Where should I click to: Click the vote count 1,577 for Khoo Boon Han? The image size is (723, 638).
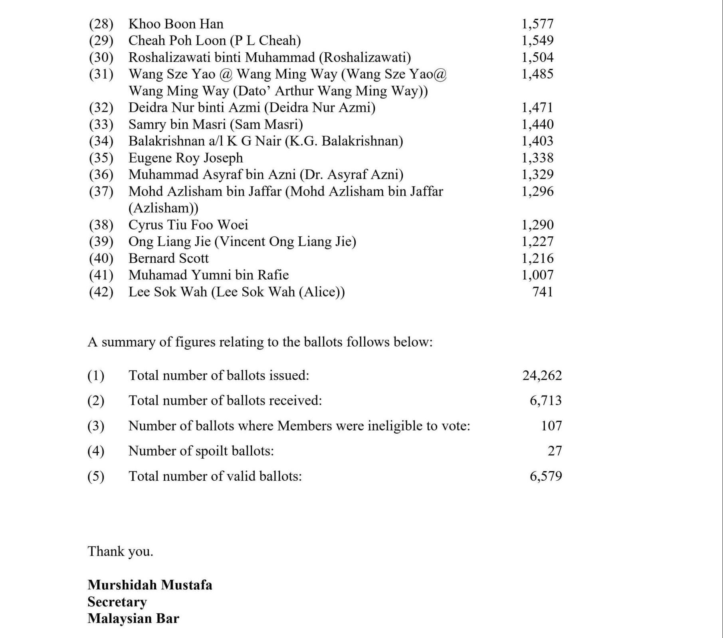(x=537, y=24)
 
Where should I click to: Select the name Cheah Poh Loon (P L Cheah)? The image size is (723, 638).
(x=214, y=41)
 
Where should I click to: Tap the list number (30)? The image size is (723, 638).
(x=101, y=57)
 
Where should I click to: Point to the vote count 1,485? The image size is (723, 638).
(x=537, y=74)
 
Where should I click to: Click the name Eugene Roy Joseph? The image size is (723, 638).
(x=185, y=158)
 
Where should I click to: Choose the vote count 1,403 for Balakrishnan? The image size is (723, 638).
(x=537, y=141)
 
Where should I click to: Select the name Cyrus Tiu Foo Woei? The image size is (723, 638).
(x=188, y=225)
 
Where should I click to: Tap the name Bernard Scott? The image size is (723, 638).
(x=168, y=258)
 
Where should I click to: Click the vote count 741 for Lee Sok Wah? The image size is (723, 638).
(x=543, y=292)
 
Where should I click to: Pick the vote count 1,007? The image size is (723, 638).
(x=537, y=275)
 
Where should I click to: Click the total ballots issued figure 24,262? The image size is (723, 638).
(x=542, y=375)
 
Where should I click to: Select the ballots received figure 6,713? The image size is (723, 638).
(x=545, y=400)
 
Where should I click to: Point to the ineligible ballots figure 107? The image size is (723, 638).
(x=551, y=426)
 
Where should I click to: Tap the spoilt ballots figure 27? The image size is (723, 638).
(x=555, y=451)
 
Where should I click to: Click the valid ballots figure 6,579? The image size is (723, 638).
(x=545, y=476)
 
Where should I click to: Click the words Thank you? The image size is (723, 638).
(x=120, y=551)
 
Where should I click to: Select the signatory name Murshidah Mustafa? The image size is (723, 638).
(x=150, y=585)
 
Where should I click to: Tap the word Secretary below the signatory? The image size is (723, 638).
(x=117, y=602)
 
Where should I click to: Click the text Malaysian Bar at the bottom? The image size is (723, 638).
(x=133, y=618)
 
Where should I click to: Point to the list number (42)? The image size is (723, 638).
(x=101, y=292)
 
